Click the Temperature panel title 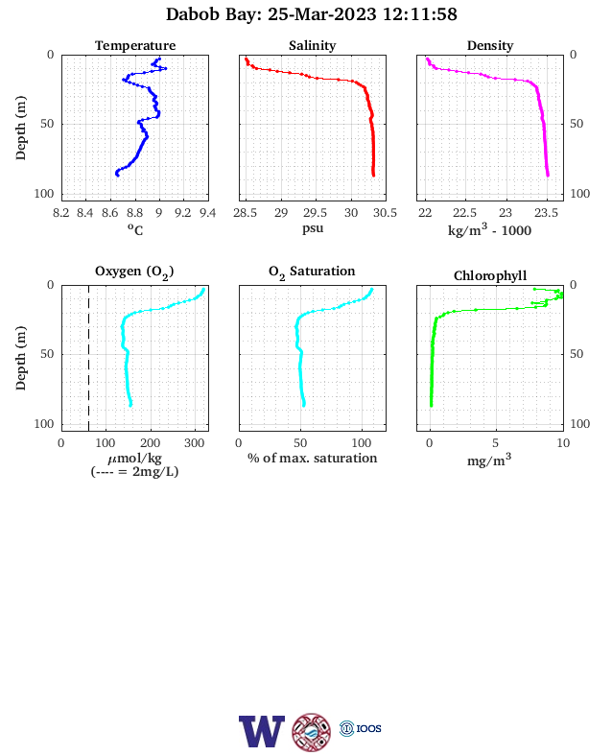tap(135, 45)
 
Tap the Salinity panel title tap(313, 45)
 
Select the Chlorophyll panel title tap(490, 275)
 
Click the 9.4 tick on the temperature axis tap(208, 213)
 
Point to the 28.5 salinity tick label tap(246, 213)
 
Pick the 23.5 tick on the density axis tap(546, 213)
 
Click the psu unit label tap(313, 228)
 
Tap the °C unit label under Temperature tap(135, 229)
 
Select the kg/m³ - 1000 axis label tap(489, 229)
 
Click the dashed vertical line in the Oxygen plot tap(88, 358)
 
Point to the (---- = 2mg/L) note tap(135, 471)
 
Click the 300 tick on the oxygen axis tap(194, 443)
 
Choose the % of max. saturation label tap(313, 458)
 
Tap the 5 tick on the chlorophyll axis tap(495, 443)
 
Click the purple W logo tap(262, 731)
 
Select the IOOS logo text tap(368, 728)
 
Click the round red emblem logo tap(312, 732)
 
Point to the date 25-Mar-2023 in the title tap(322, 14)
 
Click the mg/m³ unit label tap(489, 460)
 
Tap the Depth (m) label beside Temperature tap(20, 128)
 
